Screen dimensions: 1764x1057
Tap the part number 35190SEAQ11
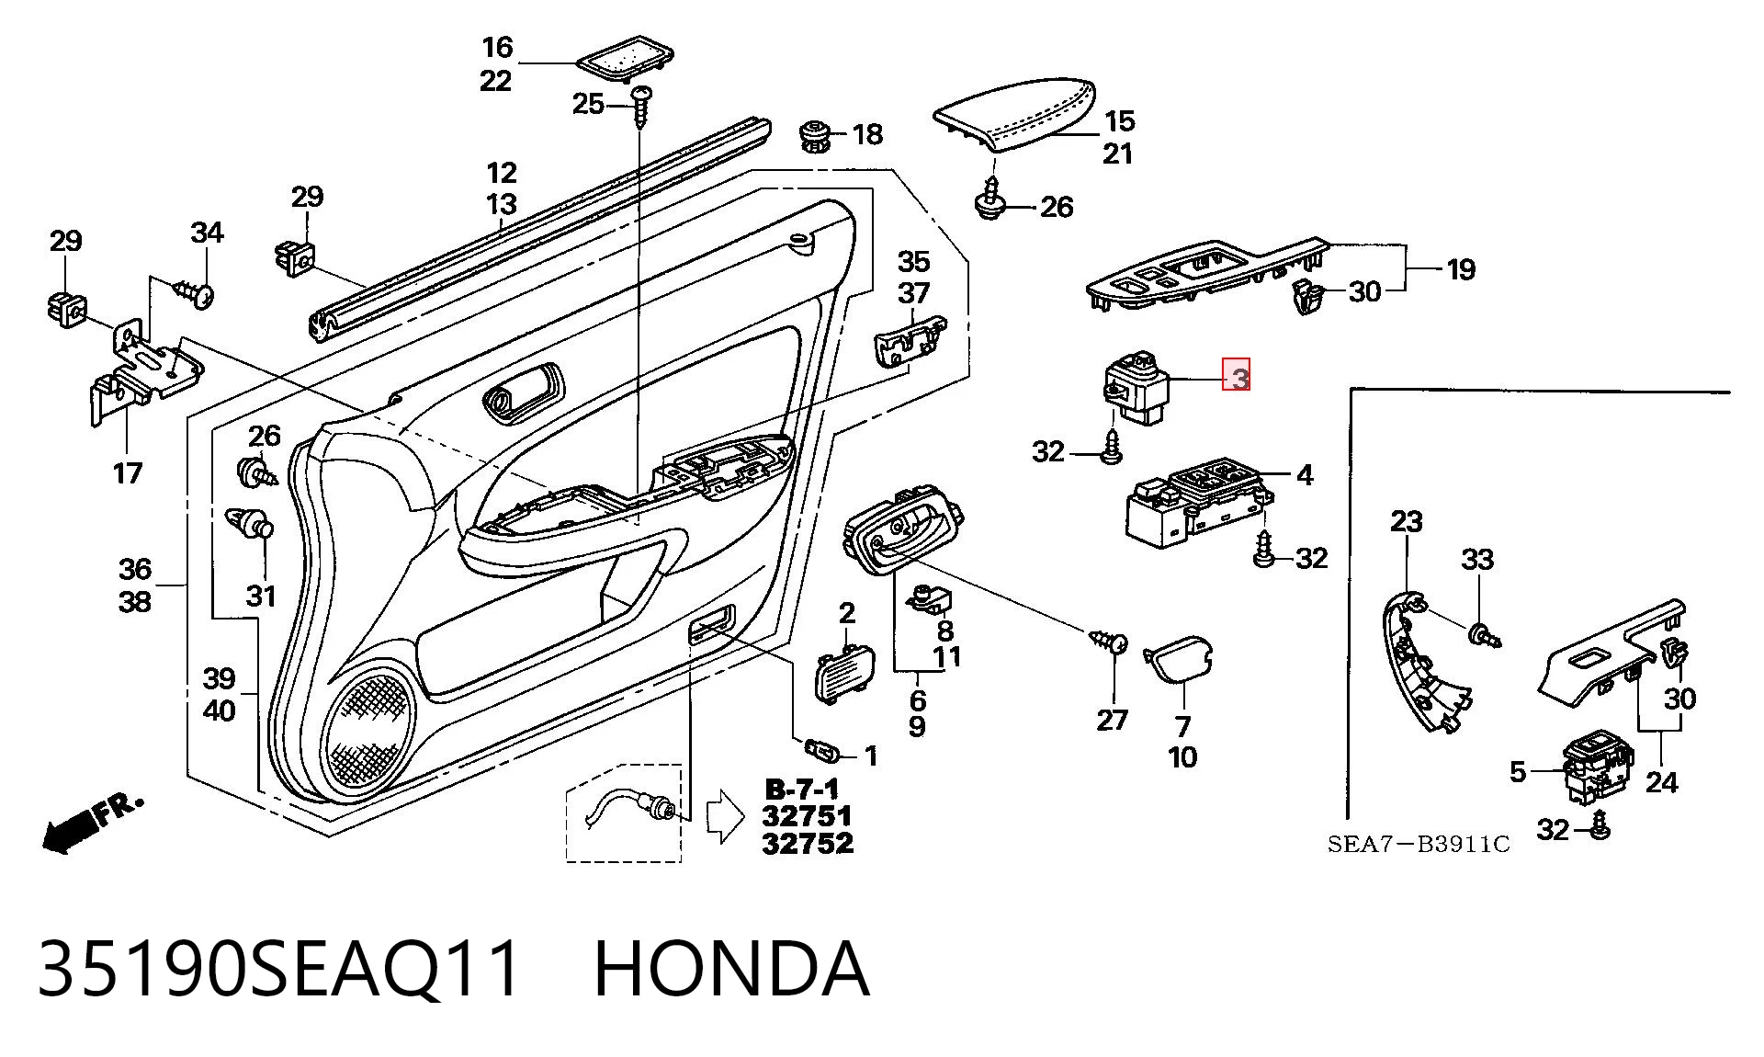tap(280, 969)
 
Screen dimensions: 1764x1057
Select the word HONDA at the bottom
tap(732, 969)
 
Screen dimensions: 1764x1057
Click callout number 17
tap(128, 473)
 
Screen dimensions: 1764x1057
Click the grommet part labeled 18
tap(814, 137)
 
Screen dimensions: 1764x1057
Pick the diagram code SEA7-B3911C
tap(1419, 845)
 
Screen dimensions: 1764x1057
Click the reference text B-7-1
tap(802, 790)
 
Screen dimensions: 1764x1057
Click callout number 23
tap(1406, 522)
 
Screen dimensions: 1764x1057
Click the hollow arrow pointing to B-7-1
tap(725, 815)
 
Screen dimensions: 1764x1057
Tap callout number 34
tap(207, 233)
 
